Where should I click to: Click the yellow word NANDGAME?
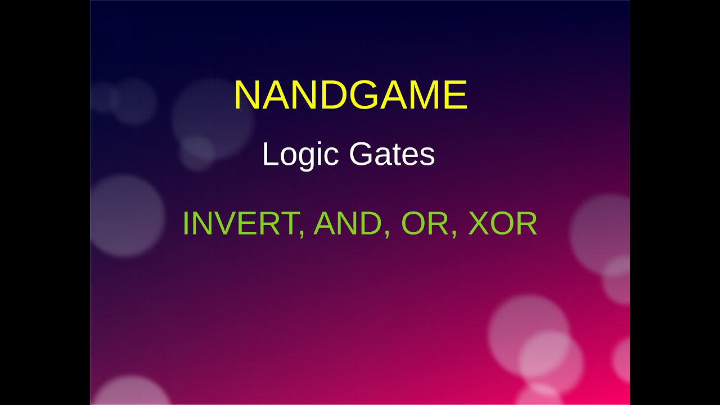coord(350,95)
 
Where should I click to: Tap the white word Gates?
coord(392,155)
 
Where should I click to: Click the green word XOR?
coord(502,224)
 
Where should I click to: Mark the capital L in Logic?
coord(269,155)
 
